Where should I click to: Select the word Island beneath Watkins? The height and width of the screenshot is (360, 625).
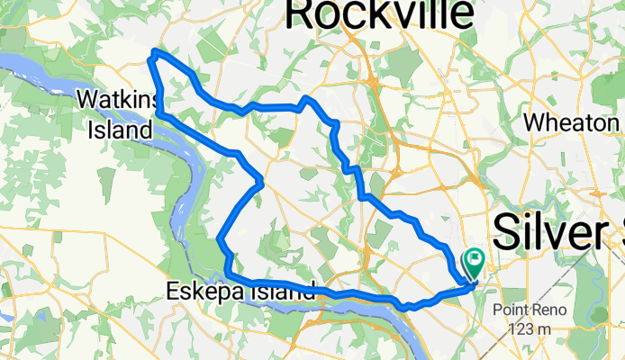click(120, 130)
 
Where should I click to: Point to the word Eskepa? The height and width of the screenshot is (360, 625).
click(205, 291)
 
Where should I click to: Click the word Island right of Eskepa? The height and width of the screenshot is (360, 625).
click(283, 291)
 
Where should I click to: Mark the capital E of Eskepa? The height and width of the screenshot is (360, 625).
click(173, 291)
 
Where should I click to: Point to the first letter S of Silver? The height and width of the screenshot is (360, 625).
click(508, 234)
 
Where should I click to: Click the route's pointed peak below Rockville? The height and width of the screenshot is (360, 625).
click(307, 97)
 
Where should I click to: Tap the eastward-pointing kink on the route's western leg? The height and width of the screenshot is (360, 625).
click(260, 183)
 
